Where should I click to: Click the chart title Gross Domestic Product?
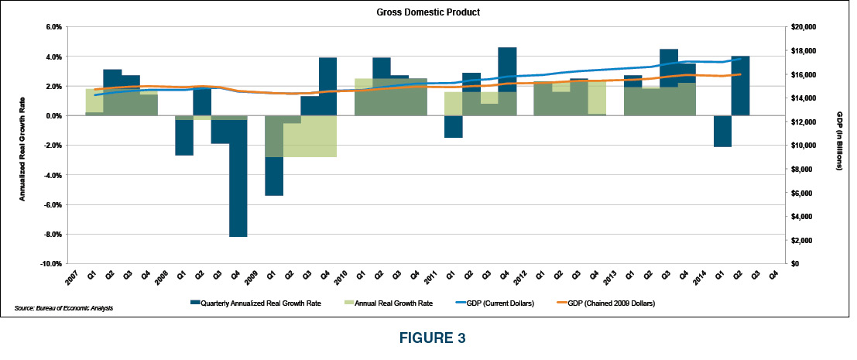click(x=428, y=12)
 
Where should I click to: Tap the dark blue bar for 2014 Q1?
click(x=722, y=131)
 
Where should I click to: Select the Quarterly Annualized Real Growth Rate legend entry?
click(x=249, y=304)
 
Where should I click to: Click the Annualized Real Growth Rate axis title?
click(x=22, y=145)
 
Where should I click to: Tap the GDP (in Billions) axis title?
click(x=838, y=145)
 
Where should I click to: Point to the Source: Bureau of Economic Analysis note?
click(x=63, y=309)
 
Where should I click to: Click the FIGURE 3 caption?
click(x=427, y=338)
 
